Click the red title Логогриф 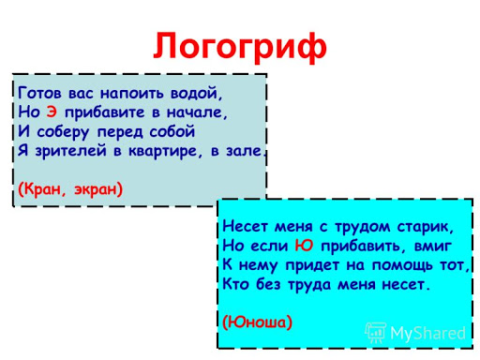pyautogui.click(x=240, y=47)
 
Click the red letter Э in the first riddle pyautogui.click(x=52, y=112)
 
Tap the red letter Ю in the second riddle pyautogui.click(x=304, y=246)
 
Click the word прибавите pyautogui.click(x=105, y=112)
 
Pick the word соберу pyautogui.click(x=63, y=132)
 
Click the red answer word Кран pyautogui.click(x=41, y=189)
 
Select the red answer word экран pyautogui.click(x=98, y=190)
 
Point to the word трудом pyautogui.click(x=363, y=227)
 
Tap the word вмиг pyautogui.click(x=433, y=247)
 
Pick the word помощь pyautogui.click(x=402, y=265)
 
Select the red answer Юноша pyautogui.click(x=257, y=322)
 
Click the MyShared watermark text pyautogui.click(x=427, y=333)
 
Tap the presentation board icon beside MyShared pyautogui.click(x=376, y=333)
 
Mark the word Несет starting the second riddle pyautogui.click(x=246, y=226)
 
